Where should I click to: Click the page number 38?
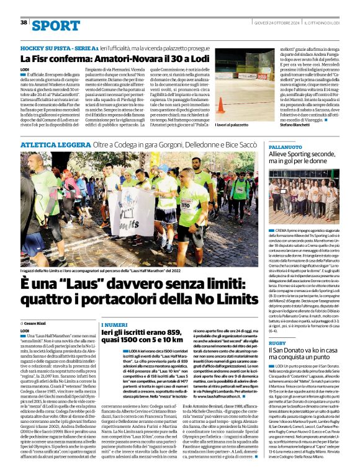tap(24, 22)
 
